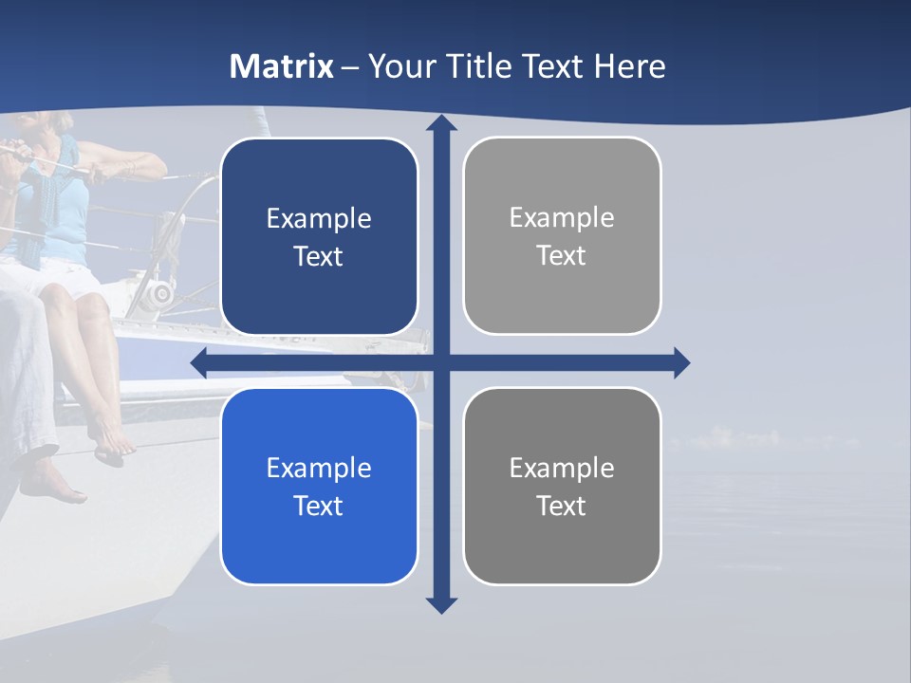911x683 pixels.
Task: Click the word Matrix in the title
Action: tap(282, 66)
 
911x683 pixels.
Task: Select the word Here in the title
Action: tap(629, 66)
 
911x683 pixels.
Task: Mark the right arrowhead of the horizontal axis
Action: tap(681, 362)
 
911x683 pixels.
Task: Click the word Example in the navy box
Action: tap(319, 219)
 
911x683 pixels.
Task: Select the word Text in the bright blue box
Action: tap(319, 506)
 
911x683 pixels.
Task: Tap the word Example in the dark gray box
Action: tap(562, 468)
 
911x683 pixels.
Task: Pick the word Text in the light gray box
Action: tap(562, 256)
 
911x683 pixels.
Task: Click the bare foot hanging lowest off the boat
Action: tap(52, 486)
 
